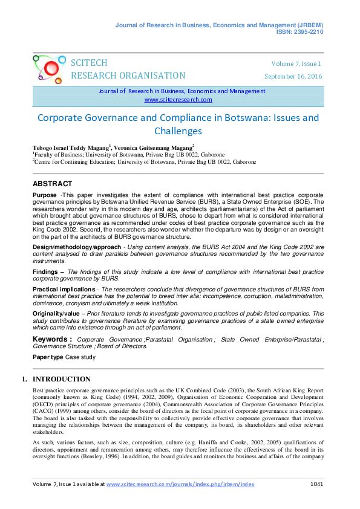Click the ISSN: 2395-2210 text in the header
click(x=300, y=31)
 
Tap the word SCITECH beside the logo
click(x=89, y=63)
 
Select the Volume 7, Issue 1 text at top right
click(x=296, y=63)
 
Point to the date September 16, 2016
click(x=293, y=76)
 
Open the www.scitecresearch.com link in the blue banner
click(x=178, y=100)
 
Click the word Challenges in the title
click(x=178, y=131)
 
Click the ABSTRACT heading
click(x=52, y=184)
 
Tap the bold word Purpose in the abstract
click(x=45, y=196)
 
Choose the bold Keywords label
click(x=52, y=340)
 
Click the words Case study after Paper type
click(x=80, y=357)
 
